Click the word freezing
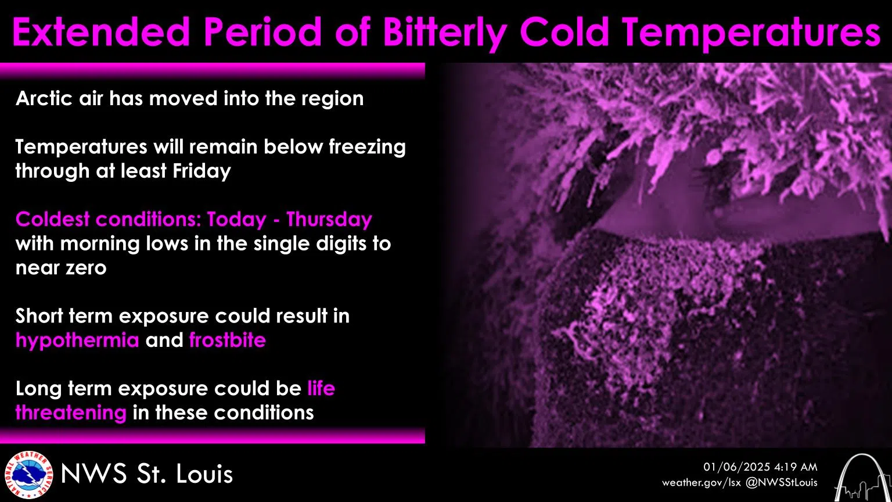367,148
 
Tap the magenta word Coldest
53,220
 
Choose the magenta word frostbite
228,340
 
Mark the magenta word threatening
71,413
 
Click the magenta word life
321,388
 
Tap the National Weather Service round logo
28,475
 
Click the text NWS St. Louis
147,474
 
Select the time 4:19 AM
796,467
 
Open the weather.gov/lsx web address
702,483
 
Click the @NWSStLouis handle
781,482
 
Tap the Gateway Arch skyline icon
862,477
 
